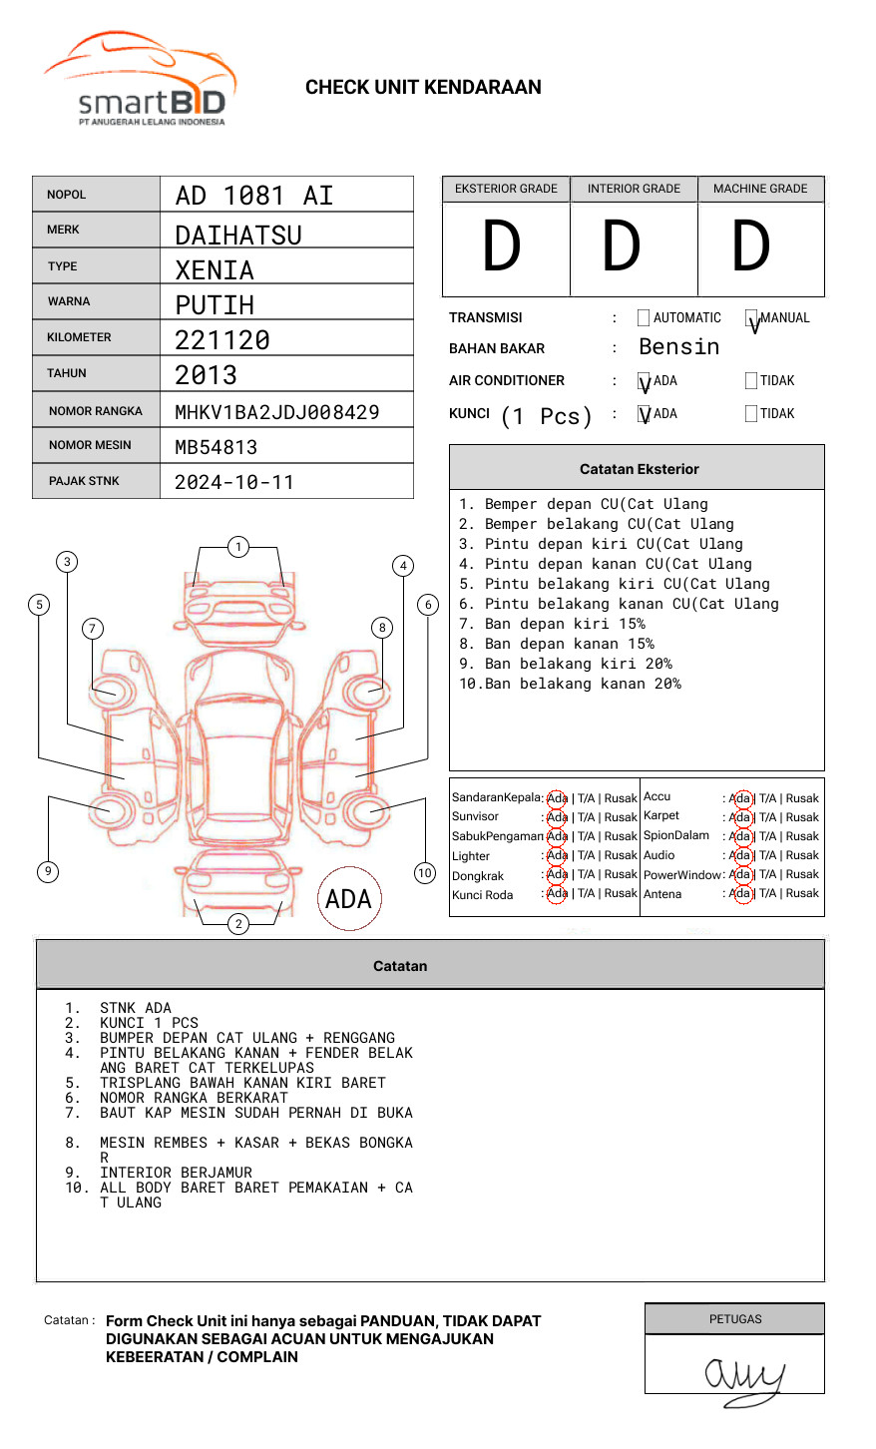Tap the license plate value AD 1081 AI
[254, 196]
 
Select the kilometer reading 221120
[222, 340]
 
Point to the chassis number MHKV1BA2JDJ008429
[276, 412]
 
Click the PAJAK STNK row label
[84, 481]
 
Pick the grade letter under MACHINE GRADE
[751, 247]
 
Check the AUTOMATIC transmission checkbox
[644, 318]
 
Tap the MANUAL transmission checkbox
[752, 318]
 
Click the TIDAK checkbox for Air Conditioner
[751, 381]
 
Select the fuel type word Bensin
[678, 347]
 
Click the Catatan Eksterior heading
[639, 469]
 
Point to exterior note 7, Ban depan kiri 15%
[552, 624]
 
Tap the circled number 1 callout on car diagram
[237, 547]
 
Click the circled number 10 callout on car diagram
[425, 873]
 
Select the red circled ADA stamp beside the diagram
[348, 899]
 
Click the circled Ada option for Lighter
[557, 855]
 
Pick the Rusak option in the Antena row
[802, 893]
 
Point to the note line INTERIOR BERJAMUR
[176, 1173]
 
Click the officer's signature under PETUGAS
[743, 1378]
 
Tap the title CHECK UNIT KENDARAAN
[423, 88]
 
